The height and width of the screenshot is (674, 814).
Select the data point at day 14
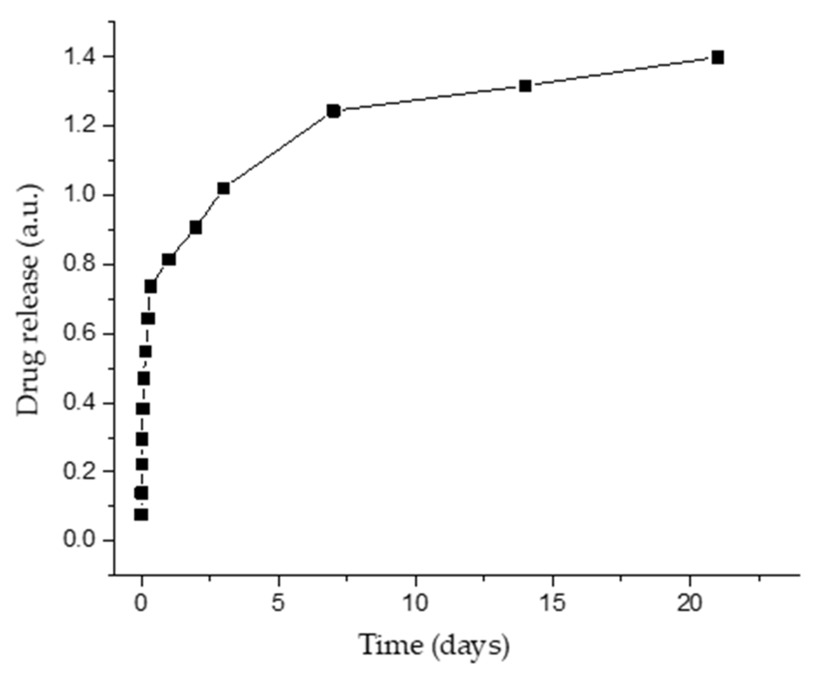tap(525, 86)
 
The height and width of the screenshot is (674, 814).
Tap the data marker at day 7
tap(333, 111)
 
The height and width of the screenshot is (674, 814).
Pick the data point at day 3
tap(224, 188)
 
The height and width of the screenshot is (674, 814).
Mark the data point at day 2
tap(196, 227)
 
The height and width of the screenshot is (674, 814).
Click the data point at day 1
tap(169, 259)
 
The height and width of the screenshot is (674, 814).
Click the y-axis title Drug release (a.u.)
tap(29, 299)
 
